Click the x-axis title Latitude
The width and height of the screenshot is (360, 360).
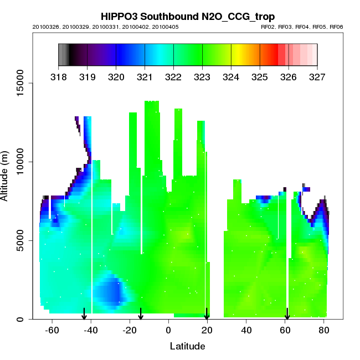[x=187, y=347]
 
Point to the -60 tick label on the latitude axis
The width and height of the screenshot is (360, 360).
[x=52, y=331]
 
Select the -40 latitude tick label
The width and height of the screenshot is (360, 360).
[x=91, y=331]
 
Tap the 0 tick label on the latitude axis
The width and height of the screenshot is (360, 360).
[x=168, y=331]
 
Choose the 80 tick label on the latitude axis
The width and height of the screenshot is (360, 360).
[x=323, y=331]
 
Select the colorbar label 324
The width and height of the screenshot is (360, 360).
[x=231, y=77]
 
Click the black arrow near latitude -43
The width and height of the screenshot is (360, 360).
[x=84, y=314]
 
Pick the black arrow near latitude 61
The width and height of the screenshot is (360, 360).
[x=287, y=314]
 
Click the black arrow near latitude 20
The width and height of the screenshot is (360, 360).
[x=207, y=314]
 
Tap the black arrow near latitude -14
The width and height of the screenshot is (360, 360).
[x=141, y=314]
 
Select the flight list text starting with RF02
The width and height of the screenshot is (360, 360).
[x=302, y=27]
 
